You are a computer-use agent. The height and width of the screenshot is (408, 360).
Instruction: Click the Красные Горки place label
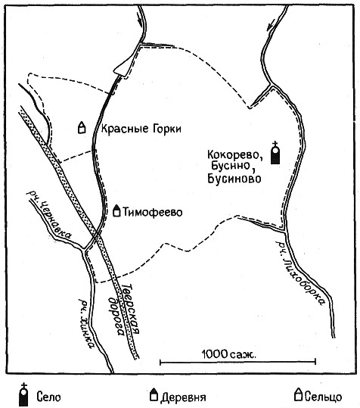141,129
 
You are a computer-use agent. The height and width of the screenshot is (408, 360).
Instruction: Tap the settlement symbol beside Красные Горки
82,127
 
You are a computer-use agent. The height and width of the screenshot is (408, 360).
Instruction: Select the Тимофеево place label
153,212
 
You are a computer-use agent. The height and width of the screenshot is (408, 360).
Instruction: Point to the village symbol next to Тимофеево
116,210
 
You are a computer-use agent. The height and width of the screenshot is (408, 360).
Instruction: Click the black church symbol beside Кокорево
275,153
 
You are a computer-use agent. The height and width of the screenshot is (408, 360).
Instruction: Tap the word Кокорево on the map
234,155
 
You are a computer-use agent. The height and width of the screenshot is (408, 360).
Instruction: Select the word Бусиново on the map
234,179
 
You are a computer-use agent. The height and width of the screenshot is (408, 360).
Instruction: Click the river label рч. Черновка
49,214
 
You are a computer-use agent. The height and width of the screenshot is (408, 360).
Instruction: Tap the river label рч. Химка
86,324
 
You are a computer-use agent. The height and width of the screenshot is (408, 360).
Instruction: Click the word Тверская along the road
131,309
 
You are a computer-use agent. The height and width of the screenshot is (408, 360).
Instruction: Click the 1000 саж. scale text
228,354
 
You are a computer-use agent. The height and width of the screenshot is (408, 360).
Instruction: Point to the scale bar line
237,362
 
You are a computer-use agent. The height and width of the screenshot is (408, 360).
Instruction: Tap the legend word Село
48,397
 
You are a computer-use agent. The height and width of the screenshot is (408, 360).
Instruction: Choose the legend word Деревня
183,397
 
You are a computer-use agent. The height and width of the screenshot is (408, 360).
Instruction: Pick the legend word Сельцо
323,397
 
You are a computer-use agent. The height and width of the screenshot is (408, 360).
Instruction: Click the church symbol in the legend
23,394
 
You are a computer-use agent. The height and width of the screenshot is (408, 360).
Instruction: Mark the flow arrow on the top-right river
271,24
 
